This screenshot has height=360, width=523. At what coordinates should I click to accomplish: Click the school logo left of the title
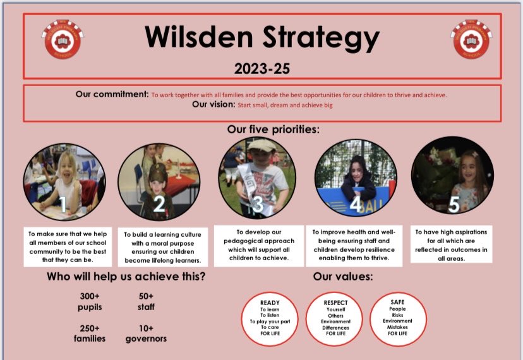click(63, 39)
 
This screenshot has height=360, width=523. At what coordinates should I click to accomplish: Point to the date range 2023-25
click(261, 67)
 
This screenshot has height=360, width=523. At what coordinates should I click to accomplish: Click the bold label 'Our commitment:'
click(112, 94)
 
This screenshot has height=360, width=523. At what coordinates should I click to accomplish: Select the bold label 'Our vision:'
click(213, 105)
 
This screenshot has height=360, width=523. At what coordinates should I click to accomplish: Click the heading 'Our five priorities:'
click(274, 129)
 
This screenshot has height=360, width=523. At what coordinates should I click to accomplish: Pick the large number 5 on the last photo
click(453, 203)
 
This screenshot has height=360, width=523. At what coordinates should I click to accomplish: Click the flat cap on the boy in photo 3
click(261, 145)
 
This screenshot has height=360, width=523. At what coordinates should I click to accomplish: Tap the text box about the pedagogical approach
click(257, 245)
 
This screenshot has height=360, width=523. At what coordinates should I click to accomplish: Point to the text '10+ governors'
click(146, 333)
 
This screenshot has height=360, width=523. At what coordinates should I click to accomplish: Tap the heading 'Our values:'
click(343, 277)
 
